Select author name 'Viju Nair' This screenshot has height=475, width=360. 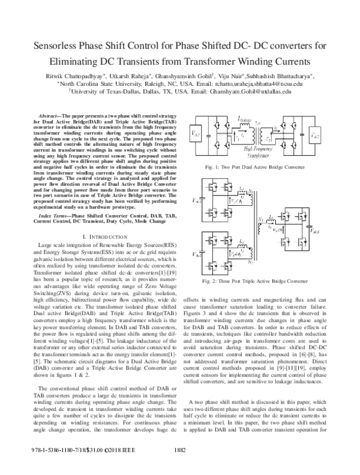point(224,76)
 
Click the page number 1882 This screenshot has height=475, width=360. point(180,465)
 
